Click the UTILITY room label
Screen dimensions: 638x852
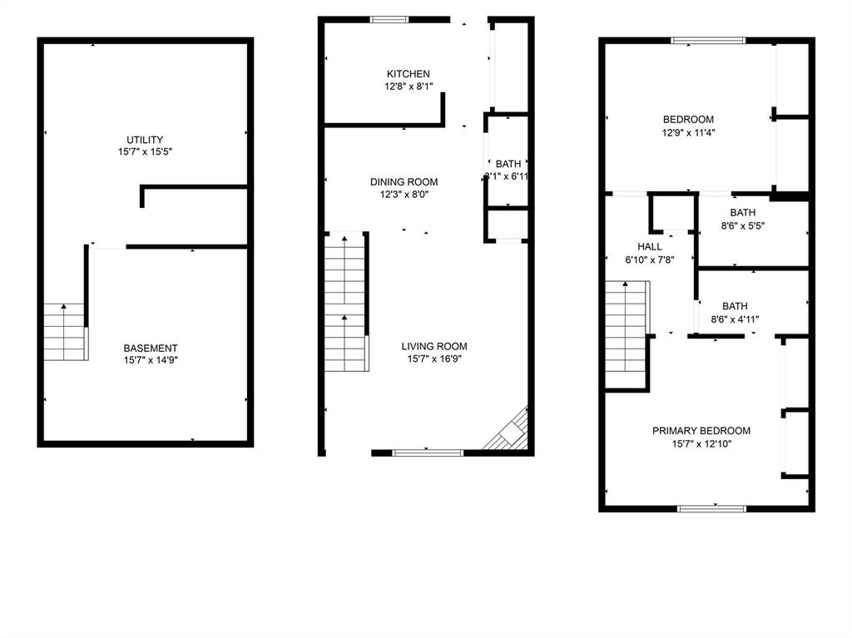[x=145, y=140]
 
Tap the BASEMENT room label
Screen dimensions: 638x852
[x=151, y=349]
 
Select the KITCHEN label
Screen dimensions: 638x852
[x=408, y=74]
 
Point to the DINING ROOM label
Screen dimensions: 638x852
[x=404, y=182]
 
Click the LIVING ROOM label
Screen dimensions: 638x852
[x=433, y=347]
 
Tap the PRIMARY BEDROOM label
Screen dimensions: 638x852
[x=701, y=431]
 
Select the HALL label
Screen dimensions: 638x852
[x=650, y=247]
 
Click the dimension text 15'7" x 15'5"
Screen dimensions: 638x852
[x=145, y=152]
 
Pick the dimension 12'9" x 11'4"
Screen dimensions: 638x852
[x=688, y=132]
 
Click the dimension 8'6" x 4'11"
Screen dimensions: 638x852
[x=736, y=319]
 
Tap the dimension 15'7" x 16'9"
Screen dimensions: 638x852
[x=433, y=359]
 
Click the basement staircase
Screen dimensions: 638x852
[x=65, y=332]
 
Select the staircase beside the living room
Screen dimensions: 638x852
[x=345, y=303]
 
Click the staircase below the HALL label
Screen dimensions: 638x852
[x=626, y=334]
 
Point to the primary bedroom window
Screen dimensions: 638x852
[x=711, y=507]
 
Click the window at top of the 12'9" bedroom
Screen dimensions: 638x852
[x=708, y=39]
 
